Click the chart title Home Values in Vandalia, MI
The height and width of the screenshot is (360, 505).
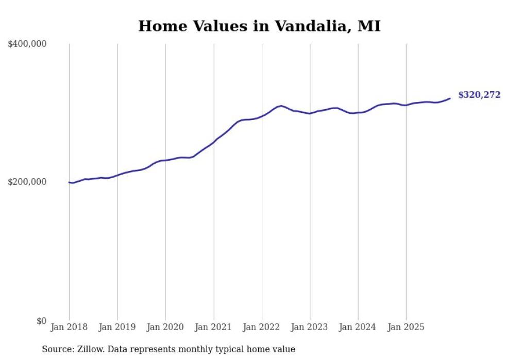click(x=259, y=26)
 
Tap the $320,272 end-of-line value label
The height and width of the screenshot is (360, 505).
click(x=479, y=95)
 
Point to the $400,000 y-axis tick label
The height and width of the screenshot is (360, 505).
click(x=27, y=44)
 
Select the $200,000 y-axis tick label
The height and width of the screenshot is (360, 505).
click(x=27, y=182)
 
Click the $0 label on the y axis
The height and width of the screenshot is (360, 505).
click(x=41, y=321)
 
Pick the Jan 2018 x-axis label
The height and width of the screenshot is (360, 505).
click(x=69, y=327)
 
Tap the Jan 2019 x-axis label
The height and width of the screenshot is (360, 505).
click(x=117, y=327)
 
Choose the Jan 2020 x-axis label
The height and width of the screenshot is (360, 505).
click(x=165, y=327)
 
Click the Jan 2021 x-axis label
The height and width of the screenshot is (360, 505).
click(x=213, y=327)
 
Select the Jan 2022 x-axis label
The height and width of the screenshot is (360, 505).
click(x=262, y=327)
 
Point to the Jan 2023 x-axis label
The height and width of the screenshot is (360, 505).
click(x=310, y=327)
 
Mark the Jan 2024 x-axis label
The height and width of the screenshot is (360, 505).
click(x=358, y=327)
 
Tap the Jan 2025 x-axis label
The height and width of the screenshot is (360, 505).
click(x=406, y=327)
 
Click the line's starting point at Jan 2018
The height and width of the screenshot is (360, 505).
click(x=69, y=182)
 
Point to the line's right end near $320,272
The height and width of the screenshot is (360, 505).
click(x=450, y=98)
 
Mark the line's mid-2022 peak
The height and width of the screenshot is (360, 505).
click(x=280, y=106)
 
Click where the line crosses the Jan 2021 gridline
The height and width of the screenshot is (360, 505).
click(x=214, y=141)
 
